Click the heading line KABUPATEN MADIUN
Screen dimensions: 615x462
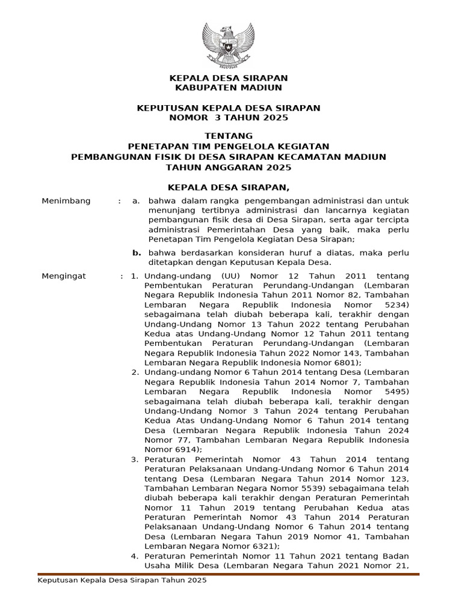(228, 88)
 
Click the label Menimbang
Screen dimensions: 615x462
(66, 201)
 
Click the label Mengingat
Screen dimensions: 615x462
(64, 276)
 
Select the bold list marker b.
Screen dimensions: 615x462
(137, 253)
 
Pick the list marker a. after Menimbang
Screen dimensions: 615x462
(137, 201)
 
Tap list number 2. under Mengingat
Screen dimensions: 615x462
(135, 372)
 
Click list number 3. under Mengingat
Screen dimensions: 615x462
(135, 459)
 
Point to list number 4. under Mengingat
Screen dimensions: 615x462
(135, 556)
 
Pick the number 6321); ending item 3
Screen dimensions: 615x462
(260, 547)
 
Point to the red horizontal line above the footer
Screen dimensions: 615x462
(228, 574)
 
